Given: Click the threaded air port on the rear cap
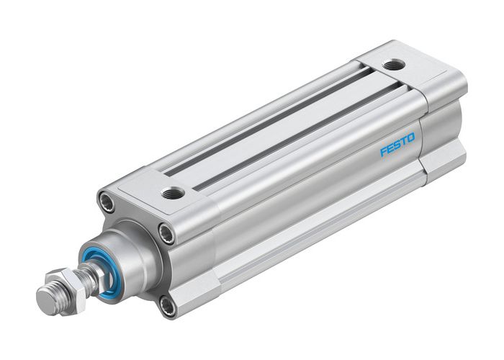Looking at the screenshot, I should (x=392, y=66).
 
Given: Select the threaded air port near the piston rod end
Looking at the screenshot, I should (x=173, y=192).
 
